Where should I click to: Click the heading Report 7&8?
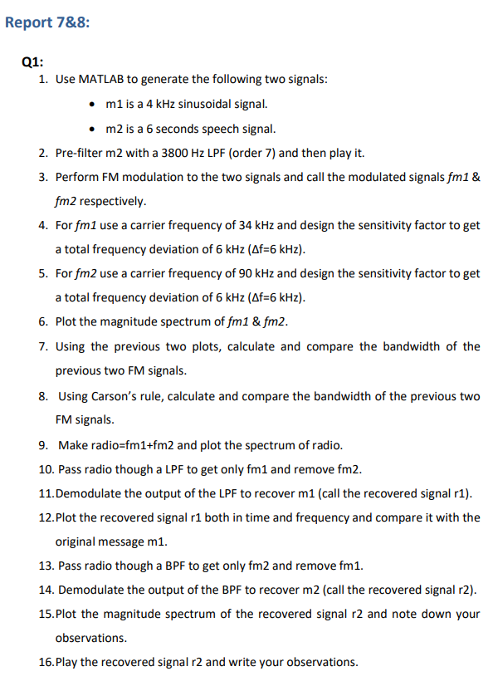47,22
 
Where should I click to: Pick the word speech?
213,129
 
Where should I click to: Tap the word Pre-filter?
81,154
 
